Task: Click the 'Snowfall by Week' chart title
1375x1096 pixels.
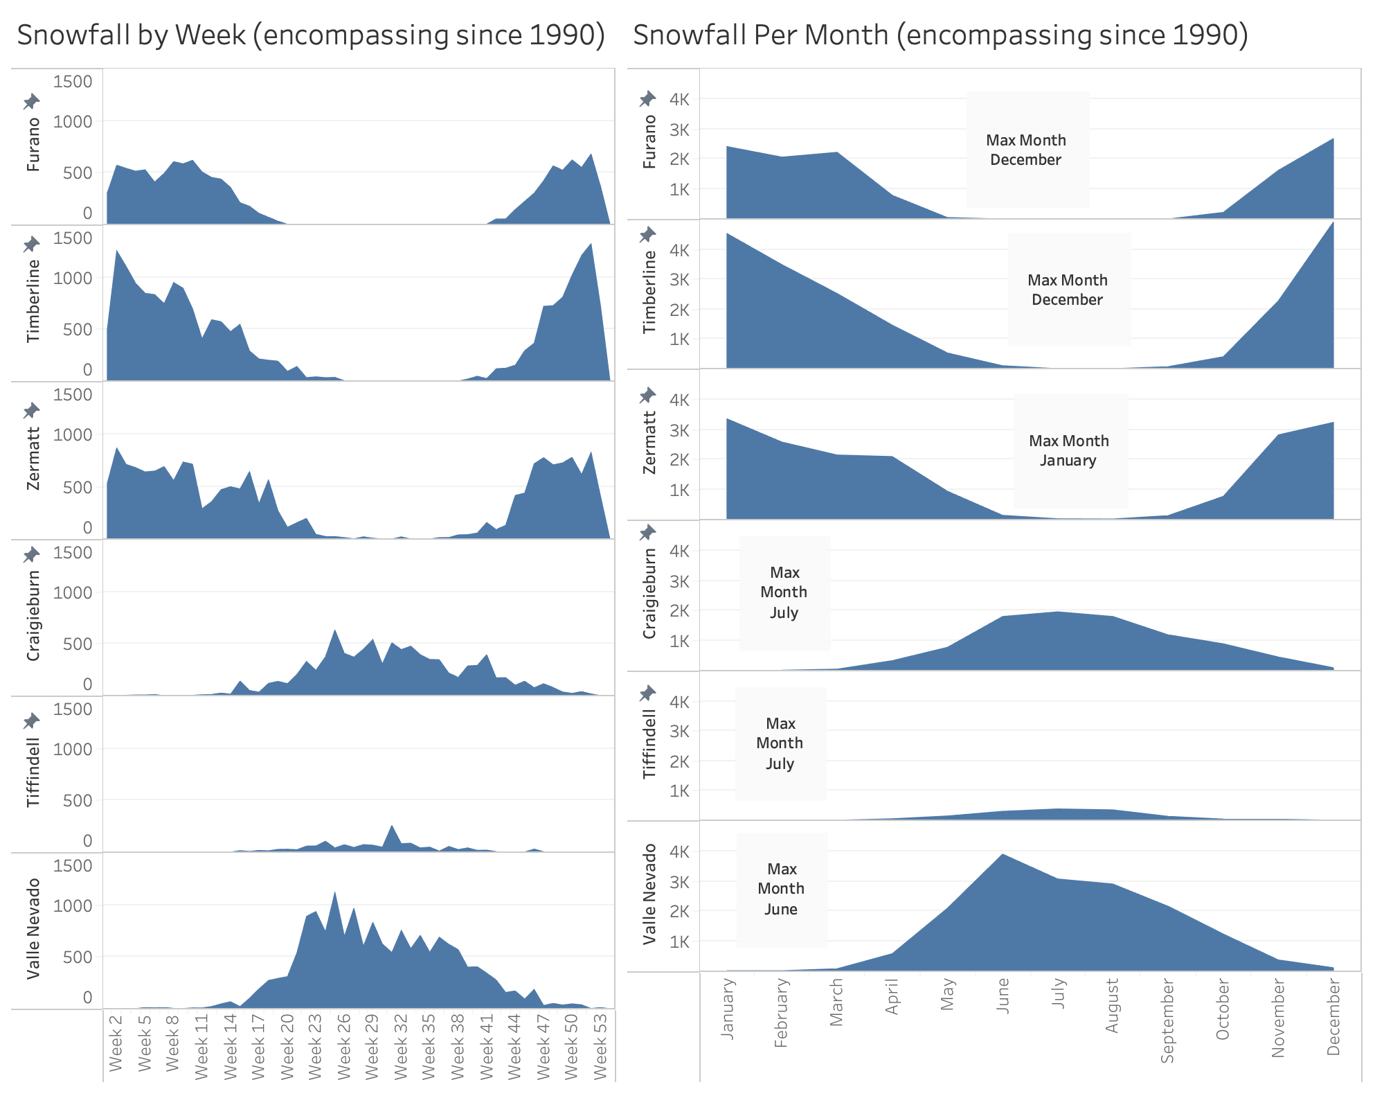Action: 310,35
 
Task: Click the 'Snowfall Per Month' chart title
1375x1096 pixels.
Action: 940,35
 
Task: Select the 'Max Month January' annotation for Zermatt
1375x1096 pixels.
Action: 1069,450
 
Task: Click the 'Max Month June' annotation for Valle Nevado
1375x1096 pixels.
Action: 781,889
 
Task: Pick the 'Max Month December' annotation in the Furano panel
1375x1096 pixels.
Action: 1026,150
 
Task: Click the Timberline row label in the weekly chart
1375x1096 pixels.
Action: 33,301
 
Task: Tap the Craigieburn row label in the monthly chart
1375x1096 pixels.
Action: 649,594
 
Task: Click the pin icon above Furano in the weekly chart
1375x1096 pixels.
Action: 31,102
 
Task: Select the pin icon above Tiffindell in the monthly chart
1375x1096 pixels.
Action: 647,693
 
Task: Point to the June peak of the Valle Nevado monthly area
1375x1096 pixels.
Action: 1002,856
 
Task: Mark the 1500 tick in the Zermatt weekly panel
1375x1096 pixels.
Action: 73,395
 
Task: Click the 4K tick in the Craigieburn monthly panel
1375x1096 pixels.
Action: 679,551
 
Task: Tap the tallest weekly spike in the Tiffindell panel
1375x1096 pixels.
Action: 392,826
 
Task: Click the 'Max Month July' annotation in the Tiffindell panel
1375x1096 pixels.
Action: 780,743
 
